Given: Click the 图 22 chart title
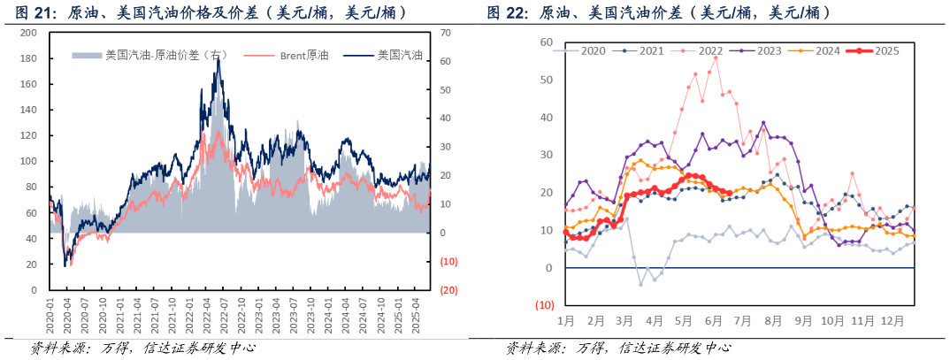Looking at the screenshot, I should point(658,12).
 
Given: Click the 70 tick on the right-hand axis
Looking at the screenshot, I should point(445,33).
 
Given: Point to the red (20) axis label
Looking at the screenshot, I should point(448,290).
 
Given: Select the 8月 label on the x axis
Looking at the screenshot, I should point(771,320).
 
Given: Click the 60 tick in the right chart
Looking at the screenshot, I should point(546,42).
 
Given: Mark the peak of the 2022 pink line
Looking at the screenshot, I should point(716,58).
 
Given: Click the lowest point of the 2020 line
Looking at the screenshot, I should point(641,284).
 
